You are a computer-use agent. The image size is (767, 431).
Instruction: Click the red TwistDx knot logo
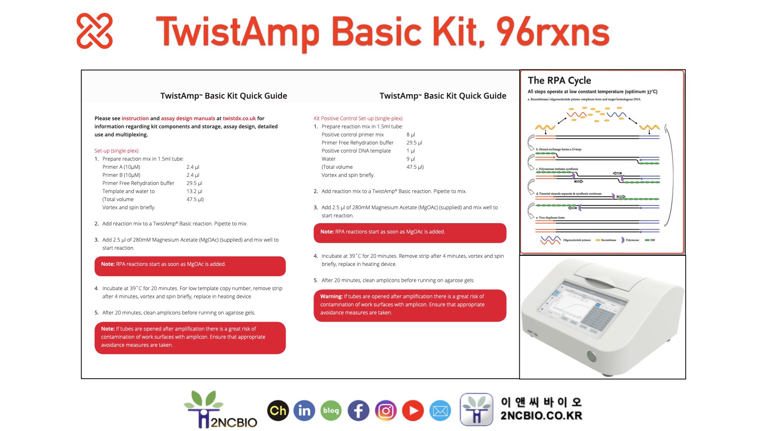pos(95,31)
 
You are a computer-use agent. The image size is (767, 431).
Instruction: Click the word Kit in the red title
pos(456,32)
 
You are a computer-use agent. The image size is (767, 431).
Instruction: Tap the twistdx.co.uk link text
pos(239,119)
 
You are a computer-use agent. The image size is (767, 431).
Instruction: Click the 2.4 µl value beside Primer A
pos(193,167)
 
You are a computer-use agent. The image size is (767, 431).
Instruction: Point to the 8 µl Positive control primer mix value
pos(411,134)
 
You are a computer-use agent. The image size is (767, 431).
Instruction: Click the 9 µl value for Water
pos(411,159)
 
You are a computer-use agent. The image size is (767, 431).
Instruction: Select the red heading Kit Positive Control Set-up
pos(358,119)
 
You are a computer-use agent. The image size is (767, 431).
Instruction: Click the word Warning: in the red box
pos(331,297)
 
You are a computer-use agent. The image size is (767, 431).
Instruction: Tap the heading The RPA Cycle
pos(559,81)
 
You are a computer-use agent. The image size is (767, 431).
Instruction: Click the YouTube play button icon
pos(413,411)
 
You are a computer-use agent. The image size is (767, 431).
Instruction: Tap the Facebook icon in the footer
pos(358,411)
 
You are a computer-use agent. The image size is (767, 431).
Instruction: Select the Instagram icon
pos(385,411)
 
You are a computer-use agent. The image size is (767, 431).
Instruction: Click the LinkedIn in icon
pos(304,411)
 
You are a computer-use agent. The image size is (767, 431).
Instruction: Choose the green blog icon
pos(331,411)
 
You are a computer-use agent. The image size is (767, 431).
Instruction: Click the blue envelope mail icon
pos(440,411)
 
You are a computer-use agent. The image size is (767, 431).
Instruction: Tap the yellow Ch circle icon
pos(278,411)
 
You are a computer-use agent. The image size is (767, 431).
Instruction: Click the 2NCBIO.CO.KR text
pos(541,416)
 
